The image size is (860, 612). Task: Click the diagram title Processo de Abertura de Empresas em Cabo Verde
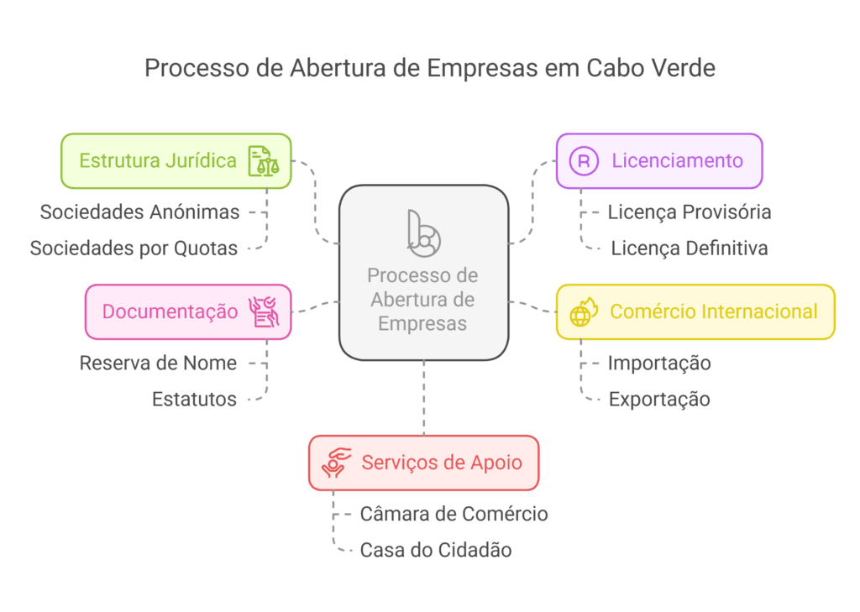429,68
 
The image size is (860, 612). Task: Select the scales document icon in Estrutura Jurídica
263,160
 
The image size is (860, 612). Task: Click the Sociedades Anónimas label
139,212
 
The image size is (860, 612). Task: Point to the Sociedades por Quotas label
134,248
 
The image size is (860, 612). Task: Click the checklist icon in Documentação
263,311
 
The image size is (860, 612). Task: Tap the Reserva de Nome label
158,364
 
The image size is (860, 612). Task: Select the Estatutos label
194,400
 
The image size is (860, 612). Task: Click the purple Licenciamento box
659,160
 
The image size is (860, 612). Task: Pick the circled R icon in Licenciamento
584,160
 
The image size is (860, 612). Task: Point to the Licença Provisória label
690,212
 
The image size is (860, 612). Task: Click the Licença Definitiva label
689,248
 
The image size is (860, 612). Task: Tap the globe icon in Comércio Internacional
583,312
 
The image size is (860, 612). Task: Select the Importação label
659,364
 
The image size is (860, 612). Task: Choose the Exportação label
659,400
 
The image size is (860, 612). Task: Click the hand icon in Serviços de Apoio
336,463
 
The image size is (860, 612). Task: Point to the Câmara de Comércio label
454,514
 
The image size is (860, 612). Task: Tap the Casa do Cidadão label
436,551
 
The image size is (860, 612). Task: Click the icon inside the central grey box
423,233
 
